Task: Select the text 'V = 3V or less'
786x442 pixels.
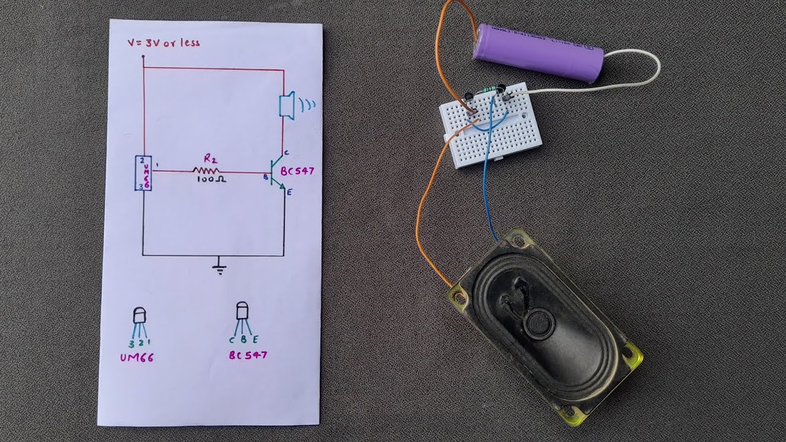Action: coord(163,43)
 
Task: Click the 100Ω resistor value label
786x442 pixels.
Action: coord(212,180)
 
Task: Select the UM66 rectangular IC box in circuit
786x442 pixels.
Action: coord(143,173)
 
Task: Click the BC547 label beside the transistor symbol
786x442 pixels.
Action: coord(297,171)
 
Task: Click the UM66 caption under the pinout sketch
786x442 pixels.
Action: coord(136,357)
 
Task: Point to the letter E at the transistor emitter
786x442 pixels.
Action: coord(290,193)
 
